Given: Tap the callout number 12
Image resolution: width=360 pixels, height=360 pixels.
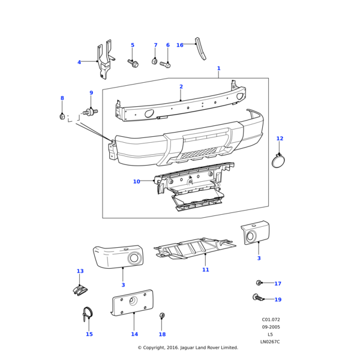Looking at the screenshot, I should (x=280, y=139).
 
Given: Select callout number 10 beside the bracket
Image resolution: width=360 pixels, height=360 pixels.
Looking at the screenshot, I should (x=136, y=181).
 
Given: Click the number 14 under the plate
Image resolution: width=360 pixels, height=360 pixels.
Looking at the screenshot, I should (x=134, y=334).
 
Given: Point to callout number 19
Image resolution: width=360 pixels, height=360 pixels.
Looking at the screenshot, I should (x=278, y=299).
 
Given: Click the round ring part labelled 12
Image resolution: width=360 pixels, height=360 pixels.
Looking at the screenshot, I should (x=279, y=161).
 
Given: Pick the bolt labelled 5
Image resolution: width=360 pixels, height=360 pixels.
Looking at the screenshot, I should (x=133, y=62).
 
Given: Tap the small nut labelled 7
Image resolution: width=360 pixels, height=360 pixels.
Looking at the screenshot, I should (x=155, y=61).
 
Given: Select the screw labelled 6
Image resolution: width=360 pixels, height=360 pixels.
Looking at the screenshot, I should (x=165, y=64).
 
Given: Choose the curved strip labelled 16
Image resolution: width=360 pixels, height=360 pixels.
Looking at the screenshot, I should (x=202, y=49).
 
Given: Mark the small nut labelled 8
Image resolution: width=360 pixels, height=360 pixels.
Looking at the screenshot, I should (x=62, y=116).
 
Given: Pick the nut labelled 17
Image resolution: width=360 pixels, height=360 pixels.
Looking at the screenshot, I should (x=259, y=283).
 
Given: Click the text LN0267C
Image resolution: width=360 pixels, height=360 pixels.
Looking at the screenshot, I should (x=270, y=341).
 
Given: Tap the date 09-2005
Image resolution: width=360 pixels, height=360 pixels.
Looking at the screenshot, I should (x=271, y=327).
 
